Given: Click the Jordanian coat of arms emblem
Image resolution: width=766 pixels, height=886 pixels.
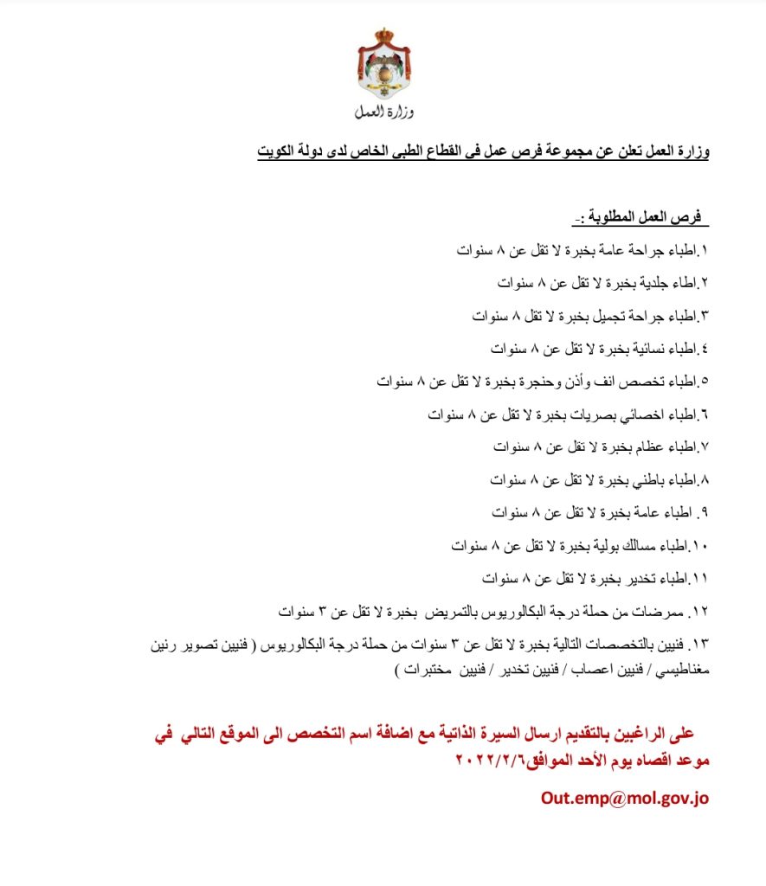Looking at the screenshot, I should click(x=383, y=65).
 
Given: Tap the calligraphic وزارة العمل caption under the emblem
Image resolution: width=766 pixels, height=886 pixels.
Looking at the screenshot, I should click(x=383, y=112).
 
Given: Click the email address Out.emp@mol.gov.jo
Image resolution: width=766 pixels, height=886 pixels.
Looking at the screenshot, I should click(x=625, y=798).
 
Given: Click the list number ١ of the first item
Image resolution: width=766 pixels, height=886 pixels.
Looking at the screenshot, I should click(x=705, y=251).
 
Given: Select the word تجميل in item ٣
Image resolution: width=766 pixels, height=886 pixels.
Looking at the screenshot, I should click(x=599, y=316).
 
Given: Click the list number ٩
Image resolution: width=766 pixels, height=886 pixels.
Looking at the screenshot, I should click(x=705, y=512).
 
